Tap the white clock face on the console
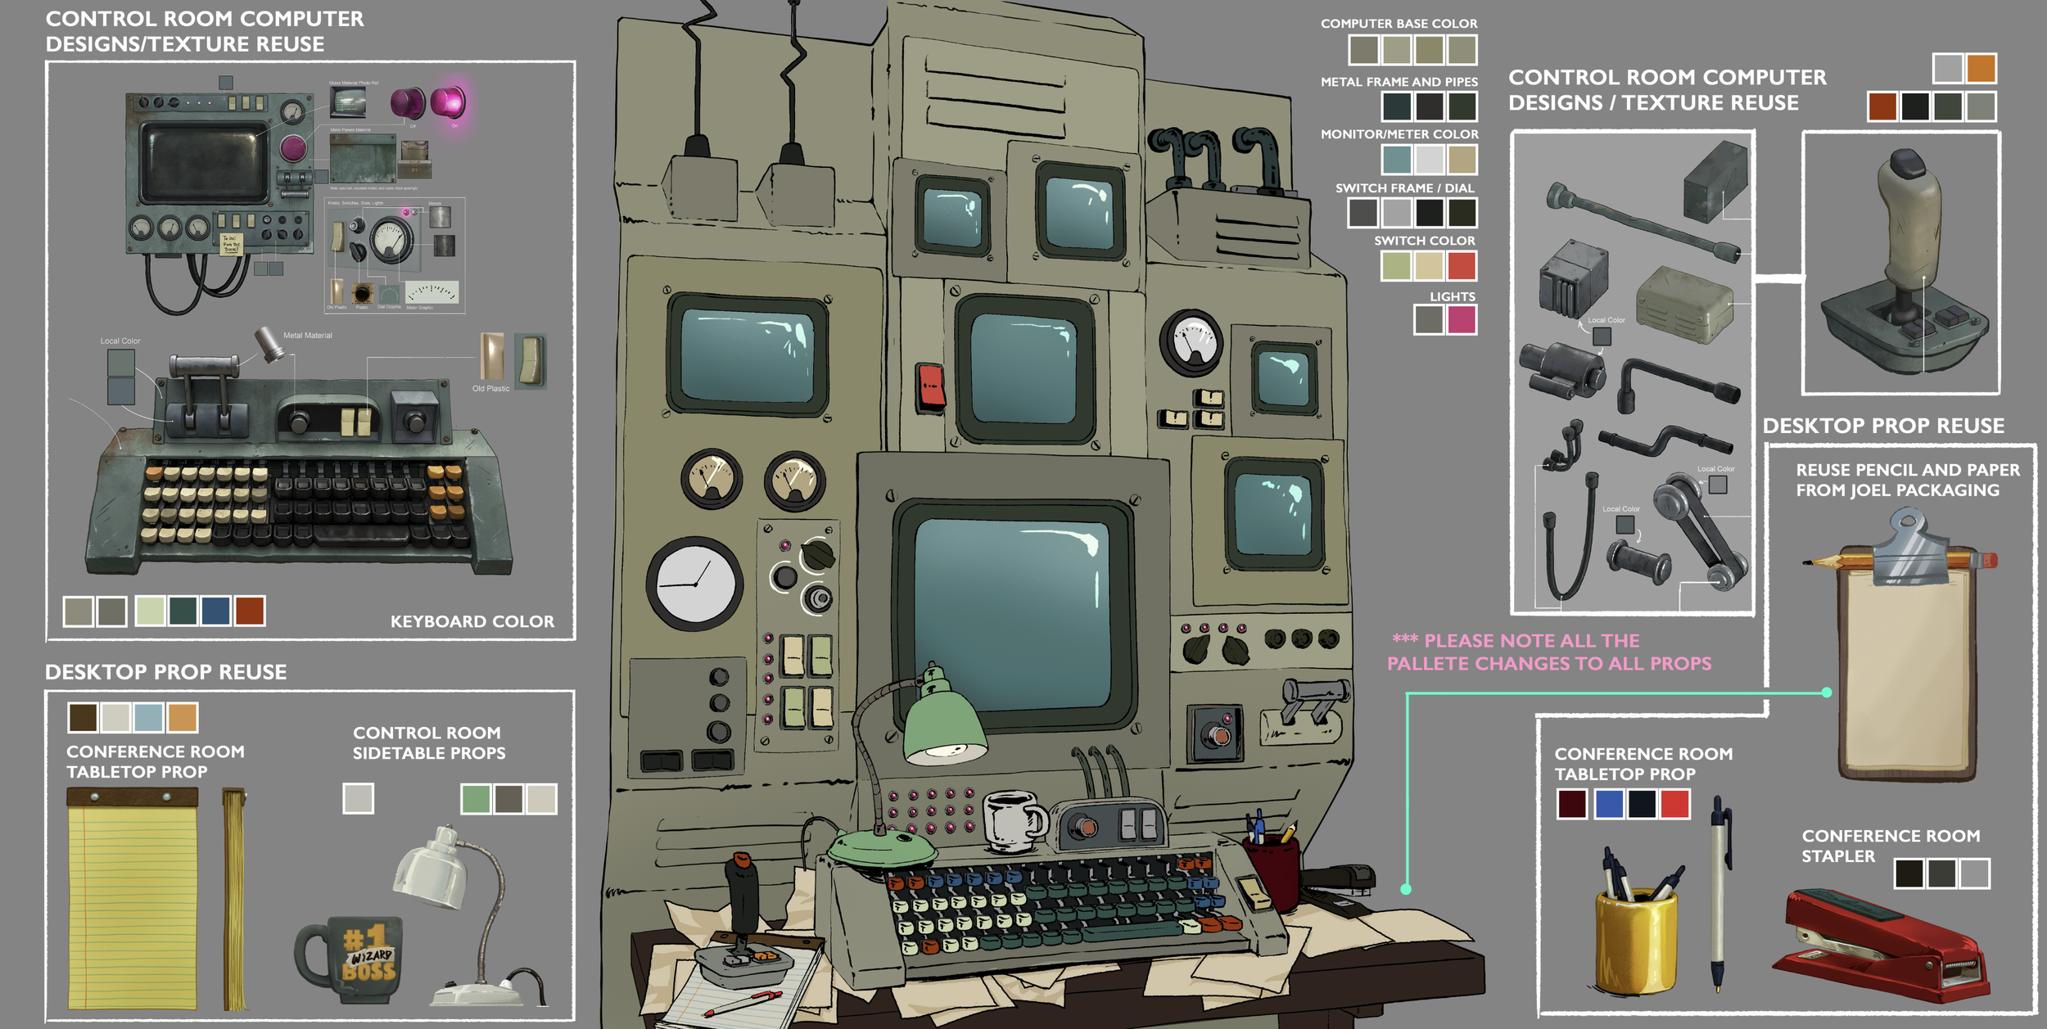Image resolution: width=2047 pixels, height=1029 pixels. click(x=694, y=584)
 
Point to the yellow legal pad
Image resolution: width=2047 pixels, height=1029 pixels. click(x=133, y=900)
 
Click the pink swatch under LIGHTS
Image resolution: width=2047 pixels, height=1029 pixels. click(x=1462, y=320)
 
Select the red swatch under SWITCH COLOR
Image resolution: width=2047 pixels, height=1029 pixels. click(x=1462, y=266)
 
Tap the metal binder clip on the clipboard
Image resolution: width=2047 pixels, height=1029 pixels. click(x=1911, y=548)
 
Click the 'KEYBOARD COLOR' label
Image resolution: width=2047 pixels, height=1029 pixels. click(x=472, y=621)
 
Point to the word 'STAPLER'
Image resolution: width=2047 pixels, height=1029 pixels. click(x=1837, y=856)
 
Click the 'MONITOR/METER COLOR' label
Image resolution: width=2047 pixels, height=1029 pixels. click(x=1399, y=134)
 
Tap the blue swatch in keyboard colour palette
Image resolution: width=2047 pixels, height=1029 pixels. click(x=215, y=612)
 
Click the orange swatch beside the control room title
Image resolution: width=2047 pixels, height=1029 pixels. click(x=1981, y=69)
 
